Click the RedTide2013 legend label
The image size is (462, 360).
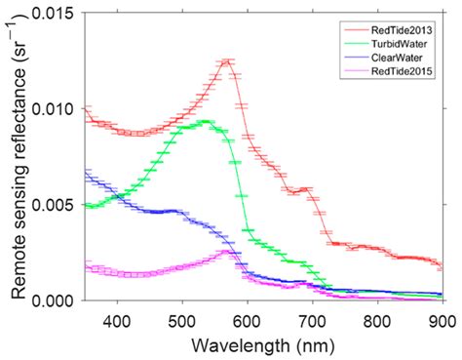click(x=401, y=30)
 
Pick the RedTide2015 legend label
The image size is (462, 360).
click(x=401, y=71)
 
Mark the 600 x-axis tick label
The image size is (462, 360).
click(x=248, y=318)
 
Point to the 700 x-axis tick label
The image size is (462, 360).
click(x=313, y=318)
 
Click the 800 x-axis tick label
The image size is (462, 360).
click(x=378, y=318)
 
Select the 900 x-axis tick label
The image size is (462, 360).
click(x=441, y=318)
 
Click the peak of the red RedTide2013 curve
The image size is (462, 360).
click(x=227, y=61)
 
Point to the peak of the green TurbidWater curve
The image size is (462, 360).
click(x=207, y=122)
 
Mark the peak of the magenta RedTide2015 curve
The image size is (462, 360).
click(x=227, y=252)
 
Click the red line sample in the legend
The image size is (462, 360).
click(x=355, y=30)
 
